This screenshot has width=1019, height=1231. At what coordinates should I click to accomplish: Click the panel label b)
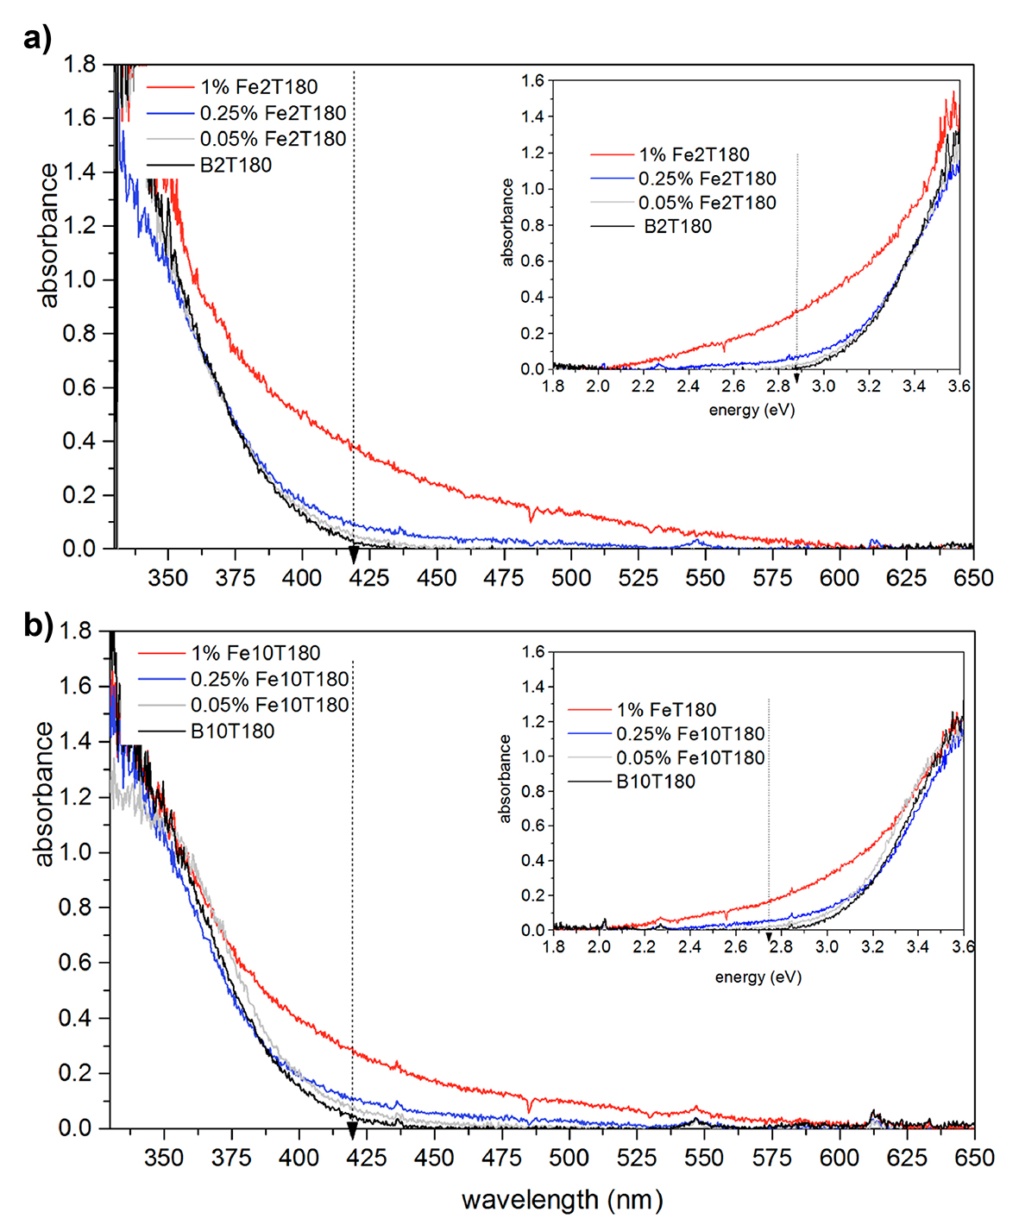tap(38, 625)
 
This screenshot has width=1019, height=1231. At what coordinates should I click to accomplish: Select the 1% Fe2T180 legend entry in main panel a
tap(259, 87)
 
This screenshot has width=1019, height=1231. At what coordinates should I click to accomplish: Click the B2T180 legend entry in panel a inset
tap(677, 227)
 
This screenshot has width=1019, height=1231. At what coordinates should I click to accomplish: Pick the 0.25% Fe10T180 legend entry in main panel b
tap(269, 680)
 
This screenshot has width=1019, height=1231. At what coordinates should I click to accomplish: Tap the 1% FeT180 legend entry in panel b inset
tap(665, 710)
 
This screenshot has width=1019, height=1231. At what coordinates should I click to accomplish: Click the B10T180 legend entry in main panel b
tap(232, 732)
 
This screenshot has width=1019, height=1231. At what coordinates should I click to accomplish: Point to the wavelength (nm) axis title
tap(562, 1200)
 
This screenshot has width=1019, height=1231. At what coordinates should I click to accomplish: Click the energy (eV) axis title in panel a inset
tap(752, 410)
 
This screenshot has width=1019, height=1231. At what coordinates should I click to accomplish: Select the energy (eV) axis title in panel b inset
tap(758, 977)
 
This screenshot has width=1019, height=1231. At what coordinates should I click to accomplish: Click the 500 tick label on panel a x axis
tap(571, 578)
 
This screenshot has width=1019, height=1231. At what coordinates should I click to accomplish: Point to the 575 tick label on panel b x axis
tap(771, 1158)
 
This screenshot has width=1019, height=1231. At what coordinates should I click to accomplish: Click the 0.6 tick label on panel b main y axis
tap(75, 963)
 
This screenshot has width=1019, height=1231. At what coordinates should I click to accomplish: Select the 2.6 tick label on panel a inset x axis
tap(733, 386)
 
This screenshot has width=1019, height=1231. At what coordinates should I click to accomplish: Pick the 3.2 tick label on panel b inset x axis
tap(872, 947)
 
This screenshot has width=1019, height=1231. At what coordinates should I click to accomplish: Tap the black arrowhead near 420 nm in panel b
tap(352, 1131)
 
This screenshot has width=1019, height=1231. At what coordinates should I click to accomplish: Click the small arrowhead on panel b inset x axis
tap(769, 938)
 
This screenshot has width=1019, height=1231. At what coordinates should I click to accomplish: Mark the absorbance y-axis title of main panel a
tap(48, 236)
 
